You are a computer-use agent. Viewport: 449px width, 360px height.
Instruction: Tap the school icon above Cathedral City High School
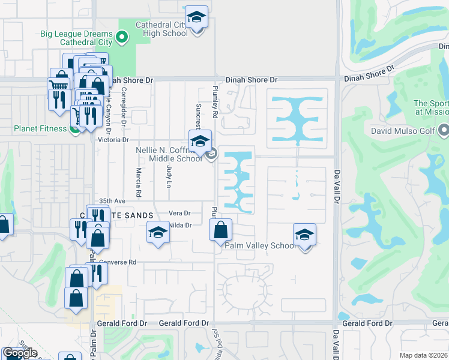[x=196, y=17]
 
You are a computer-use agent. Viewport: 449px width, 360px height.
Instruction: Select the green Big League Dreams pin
[x=122, y=38]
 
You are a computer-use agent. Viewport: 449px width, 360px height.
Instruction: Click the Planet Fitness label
[x=40, y=128]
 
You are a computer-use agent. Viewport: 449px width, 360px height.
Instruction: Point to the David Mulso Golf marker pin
[x=444, y=129]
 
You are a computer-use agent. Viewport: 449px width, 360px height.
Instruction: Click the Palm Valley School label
[x=260, y=245]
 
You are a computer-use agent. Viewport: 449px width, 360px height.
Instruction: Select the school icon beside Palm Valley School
[x=304, y=234]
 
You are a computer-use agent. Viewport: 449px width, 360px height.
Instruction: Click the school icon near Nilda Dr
[x=158, y=232]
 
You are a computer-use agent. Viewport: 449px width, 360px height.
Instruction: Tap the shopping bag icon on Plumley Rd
[x=221, y=229]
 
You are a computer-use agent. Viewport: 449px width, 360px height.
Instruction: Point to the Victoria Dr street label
[x=113, y=140]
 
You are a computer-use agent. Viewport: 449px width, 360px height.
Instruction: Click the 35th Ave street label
[x=112, y=201]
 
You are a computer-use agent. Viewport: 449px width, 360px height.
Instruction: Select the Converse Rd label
[x=118, y=262]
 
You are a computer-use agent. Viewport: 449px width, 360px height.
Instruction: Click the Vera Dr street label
[x=179, y=213]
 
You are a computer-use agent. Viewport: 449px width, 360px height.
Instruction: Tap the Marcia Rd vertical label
[x=138, y=182]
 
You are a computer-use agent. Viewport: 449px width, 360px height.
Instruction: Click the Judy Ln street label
[x=169, y=176]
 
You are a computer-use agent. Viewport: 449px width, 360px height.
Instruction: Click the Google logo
[x=20, y=353]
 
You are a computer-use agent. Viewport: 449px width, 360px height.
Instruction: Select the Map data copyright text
[x=424, y=355]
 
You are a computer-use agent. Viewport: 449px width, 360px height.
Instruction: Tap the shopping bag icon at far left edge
[x=4, y=226]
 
